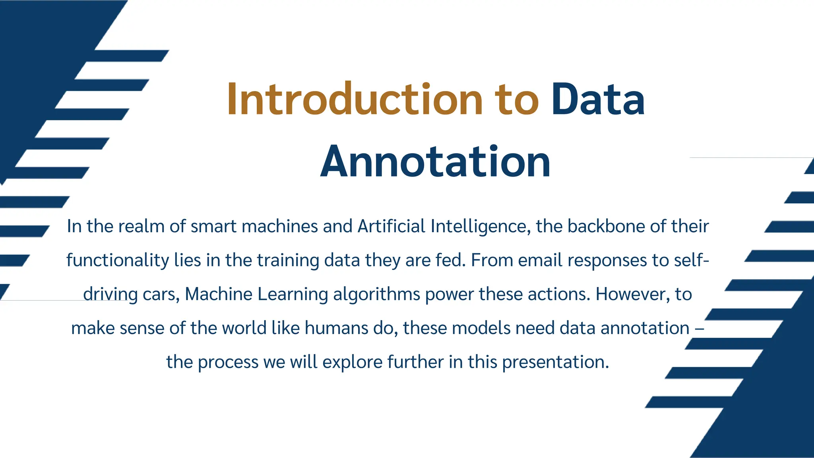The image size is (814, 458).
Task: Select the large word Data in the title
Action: click(x=598, y=99)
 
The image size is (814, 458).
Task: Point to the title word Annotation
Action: click(x=435, y=162)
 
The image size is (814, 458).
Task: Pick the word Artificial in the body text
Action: click(x=391, y=226)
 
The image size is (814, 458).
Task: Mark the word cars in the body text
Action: click(x=161, y=295)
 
